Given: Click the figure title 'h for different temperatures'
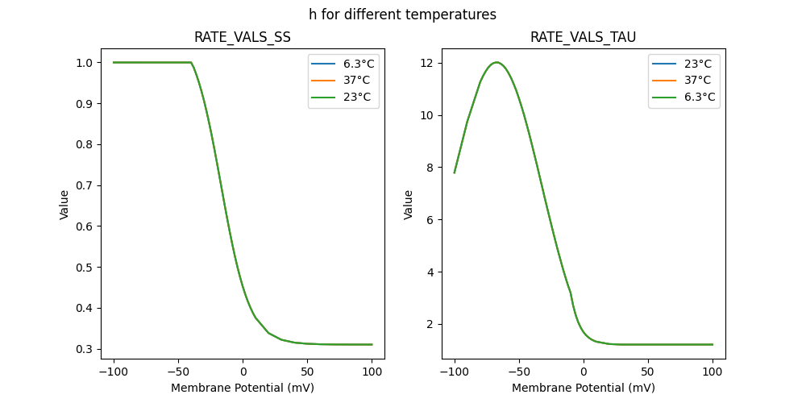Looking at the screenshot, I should [402, 15].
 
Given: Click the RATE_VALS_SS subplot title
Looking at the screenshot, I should [242, 37].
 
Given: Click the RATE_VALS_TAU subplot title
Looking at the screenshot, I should [583, 37].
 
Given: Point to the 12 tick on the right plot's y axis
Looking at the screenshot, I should [428, 63].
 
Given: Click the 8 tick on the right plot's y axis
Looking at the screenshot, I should [431, 168].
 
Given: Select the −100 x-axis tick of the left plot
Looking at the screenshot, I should [114, 373].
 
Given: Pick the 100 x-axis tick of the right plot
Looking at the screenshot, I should [713, 373].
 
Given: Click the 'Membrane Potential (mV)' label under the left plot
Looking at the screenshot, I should [243, 388].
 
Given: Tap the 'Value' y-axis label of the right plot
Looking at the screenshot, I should [409, 205].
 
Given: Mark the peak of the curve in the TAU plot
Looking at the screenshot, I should [496, 62].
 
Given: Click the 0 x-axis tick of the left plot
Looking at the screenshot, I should [243, 373].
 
